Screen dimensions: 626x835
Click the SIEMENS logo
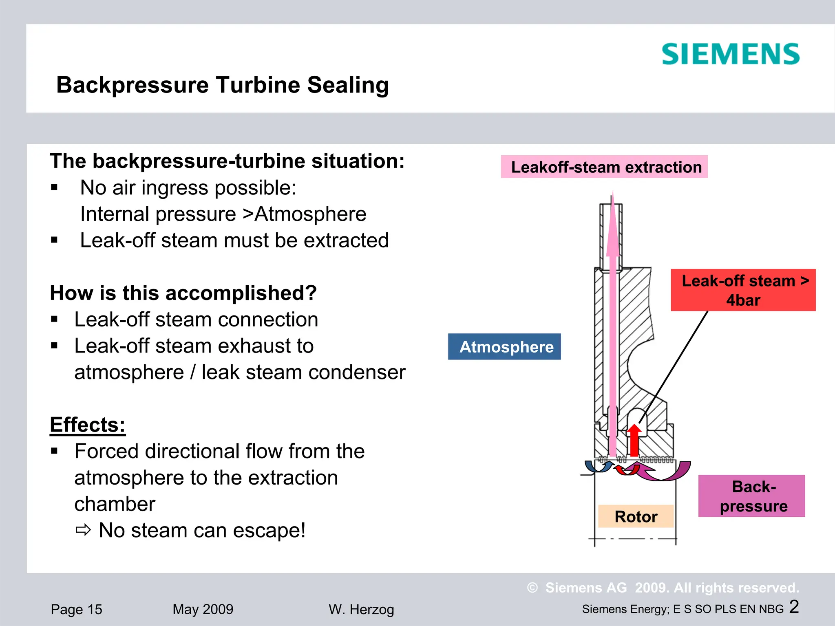(730, 55)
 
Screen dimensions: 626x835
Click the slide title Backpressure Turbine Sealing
(223, 85)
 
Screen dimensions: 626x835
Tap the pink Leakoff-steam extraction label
(604, 167)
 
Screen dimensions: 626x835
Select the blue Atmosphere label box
(504, 347)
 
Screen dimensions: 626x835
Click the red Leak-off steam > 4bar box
(743, 290)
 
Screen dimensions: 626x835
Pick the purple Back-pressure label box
(751, 496)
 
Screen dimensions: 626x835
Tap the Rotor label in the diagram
(636, 516)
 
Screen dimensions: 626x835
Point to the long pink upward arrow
(612, 326)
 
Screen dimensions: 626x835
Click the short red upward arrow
(634, 440)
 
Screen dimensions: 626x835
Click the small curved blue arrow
(597, 467)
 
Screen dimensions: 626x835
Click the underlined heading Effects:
(88, 425)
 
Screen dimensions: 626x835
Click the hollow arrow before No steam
(83, 530)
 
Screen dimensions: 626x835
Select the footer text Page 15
(76, 609)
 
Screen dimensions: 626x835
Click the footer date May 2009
(203, 609)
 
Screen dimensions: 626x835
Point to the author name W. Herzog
(361, 609)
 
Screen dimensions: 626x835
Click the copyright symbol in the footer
(532, 588)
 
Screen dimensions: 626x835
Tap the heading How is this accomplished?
(183, 293)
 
